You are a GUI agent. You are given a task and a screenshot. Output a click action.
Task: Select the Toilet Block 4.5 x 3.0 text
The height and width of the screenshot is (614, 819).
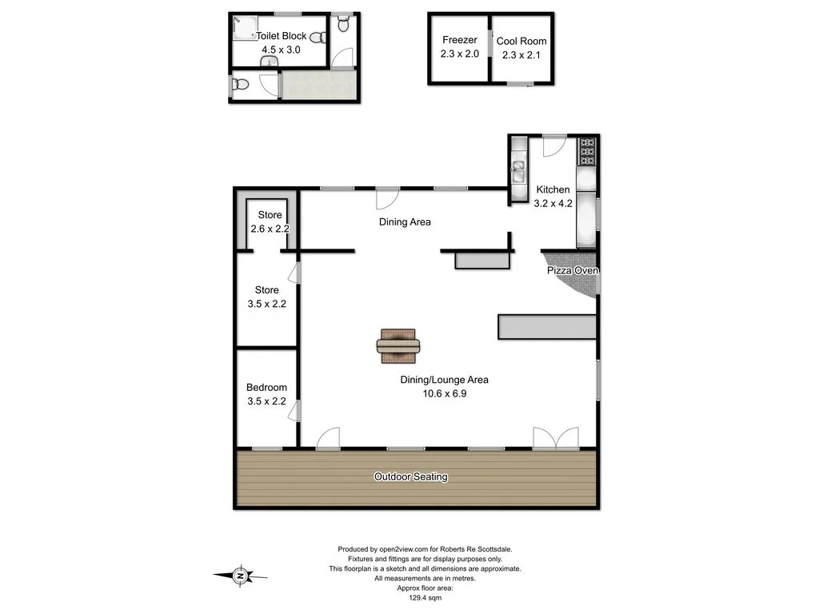pyautogui.click(x=281, y=42)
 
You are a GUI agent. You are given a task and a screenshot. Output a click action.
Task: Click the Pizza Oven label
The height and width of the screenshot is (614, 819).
pyautogui.click(x=573, y=271)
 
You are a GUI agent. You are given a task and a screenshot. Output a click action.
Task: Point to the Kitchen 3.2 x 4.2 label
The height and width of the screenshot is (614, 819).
pyautogui.click(x=553, y=197)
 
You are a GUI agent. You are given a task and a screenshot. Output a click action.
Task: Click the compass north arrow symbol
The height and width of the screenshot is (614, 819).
pyautogui.click(x=240, y=574)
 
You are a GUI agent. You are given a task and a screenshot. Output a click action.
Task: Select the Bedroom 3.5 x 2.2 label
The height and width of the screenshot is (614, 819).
pyautogui.click(x=266, y=394)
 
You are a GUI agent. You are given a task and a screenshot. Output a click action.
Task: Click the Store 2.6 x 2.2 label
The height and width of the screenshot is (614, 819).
pyautogui.click(x=270, y=221)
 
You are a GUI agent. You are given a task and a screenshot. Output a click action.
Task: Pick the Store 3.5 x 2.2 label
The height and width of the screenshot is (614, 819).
pyautogui.click(x=266, y=297)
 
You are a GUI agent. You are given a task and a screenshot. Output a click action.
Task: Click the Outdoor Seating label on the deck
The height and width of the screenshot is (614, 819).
pyautogui.click(x=411, y=476)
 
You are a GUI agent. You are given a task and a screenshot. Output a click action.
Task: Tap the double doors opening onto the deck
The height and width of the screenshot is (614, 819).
pyautogui.click(x=556, y=439)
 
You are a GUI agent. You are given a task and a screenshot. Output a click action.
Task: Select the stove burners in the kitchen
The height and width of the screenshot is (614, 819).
pyautogui.click(x=587, y=150)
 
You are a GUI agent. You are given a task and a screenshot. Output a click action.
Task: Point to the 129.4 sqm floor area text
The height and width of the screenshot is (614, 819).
pyautogui.click(x=425, y=597)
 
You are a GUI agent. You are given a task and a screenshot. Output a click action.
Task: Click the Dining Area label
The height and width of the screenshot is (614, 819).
pyautogui.click(x=405, y=221)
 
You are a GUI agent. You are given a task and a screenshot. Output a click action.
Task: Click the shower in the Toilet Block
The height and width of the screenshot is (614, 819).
pyautogui.click(x=243, y=29)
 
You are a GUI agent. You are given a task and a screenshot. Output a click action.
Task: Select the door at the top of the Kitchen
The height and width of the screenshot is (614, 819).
pyautogui.click(x=553, y=146)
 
